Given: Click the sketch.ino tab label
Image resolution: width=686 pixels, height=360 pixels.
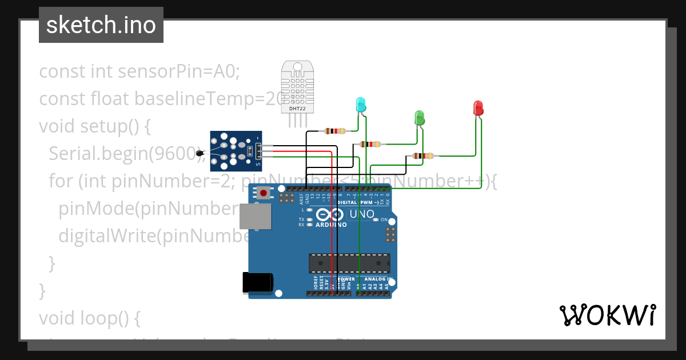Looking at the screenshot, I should [x=101, y=25].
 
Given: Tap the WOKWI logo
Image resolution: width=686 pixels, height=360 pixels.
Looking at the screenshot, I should [x=607, y=315].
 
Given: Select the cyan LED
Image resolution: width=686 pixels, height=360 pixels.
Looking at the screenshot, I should [x=361, y=105].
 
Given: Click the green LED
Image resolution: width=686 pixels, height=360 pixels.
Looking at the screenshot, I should [x=419, y=118].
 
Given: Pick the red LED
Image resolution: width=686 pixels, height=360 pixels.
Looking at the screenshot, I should [x=478, y=108].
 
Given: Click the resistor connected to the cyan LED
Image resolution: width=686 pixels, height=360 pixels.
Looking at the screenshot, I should [x=334, y=131].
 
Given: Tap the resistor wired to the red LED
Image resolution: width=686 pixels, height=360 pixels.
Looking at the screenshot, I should [x=422, y=155].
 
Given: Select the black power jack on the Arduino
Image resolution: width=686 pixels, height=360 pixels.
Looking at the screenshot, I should [x=258, y=282].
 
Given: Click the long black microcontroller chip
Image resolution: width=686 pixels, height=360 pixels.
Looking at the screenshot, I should [x=349, y=263].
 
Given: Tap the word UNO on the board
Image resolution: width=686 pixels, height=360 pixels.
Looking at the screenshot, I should [x=362, y=215].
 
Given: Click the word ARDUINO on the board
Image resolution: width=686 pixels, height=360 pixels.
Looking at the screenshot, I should [x=331, y=225].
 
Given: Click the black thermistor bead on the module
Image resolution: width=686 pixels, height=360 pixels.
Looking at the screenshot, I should [x=200, y=153].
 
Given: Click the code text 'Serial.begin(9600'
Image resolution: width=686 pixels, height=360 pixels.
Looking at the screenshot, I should [x=123, y=153].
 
